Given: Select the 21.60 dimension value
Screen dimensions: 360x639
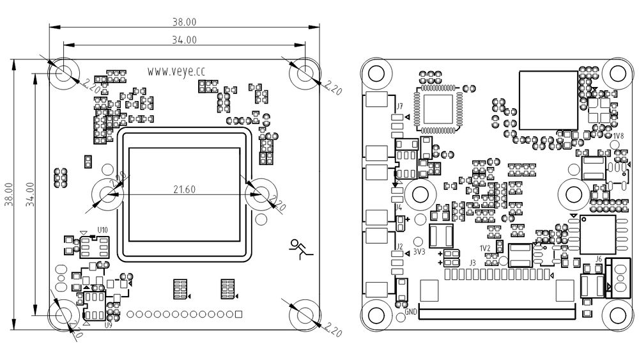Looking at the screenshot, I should click(x=185, y=189).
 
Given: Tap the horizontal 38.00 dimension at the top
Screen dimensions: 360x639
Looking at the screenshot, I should click(x=185, y=21).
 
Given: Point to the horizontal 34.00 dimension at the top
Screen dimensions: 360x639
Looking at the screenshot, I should click(x=185, y=40).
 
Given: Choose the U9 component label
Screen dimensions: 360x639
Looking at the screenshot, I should click(x=108, y=325).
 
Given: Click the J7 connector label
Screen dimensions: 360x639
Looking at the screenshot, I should click(x=399, y=106).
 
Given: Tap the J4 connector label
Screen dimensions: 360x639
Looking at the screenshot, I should click(x=399, y=207).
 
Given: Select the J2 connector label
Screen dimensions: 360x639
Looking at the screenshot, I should click(x=399, y=246).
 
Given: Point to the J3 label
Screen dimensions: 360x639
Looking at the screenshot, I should click(x=473, y=263).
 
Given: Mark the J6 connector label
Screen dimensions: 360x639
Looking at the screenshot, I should click(x=598, y=259).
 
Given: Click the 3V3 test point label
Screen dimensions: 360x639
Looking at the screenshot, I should click(x=419, y=253).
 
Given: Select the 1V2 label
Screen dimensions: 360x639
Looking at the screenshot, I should click(x=485, y=248).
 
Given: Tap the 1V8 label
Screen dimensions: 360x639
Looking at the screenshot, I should click(x=618, y=136).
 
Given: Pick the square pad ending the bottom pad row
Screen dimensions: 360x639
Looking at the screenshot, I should click(x=238, y=314).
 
